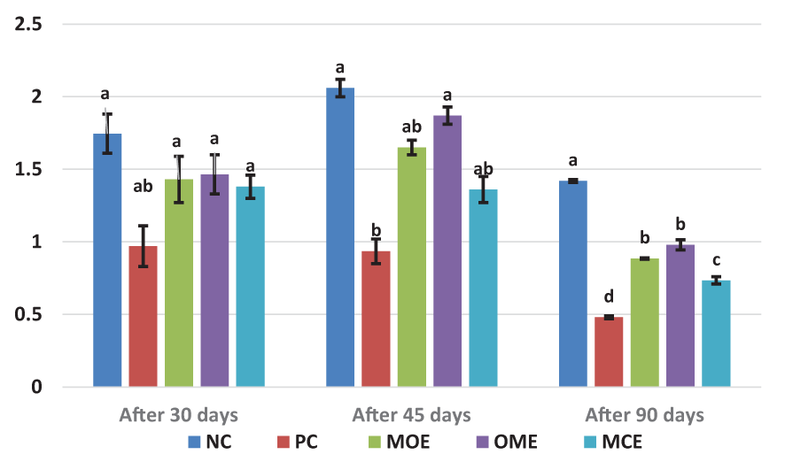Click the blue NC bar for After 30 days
pos(107,260)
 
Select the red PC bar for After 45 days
pos(376,319)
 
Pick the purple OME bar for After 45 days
pos(447,251)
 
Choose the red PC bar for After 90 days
pos(609,351)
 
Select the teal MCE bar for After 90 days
pos(716,334)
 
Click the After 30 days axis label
pos(178,414)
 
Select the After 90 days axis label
pos(644,414)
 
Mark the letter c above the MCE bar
pos(716,260)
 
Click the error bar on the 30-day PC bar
pos(143,245)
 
